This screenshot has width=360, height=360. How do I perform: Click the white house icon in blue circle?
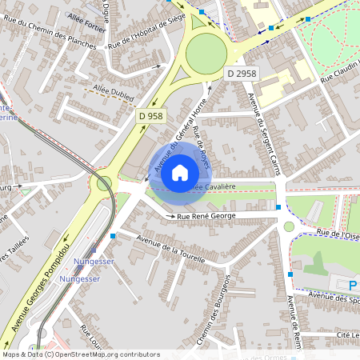click(180, 172)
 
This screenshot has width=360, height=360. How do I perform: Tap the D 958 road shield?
click(150, 116)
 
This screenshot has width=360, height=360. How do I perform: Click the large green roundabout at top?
click(206, 53)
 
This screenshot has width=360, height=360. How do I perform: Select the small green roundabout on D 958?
click(104, 183)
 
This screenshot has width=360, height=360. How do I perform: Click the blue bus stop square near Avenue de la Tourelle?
click(113, 236)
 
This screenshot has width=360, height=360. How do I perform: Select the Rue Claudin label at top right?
click(339, 76)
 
